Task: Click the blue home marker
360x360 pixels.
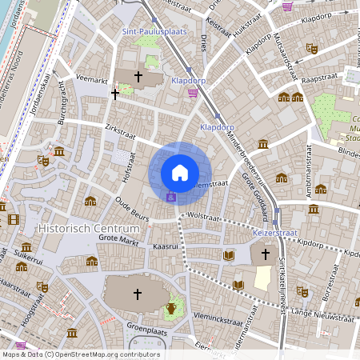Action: tap(179, 173)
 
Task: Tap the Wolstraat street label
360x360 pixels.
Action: tap(202, 215)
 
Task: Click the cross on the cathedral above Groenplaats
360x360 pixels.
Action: tap(137, 294)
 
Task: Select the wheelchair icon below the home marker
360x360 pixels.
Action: tap(170, 197)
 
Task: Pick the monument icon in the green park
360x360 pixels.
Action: tap(170, 308)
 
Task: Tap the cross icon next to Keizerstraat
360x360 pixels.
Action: tap(265, 254)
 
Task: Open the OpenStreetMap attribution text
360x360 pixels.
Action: tap(82, 354)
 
